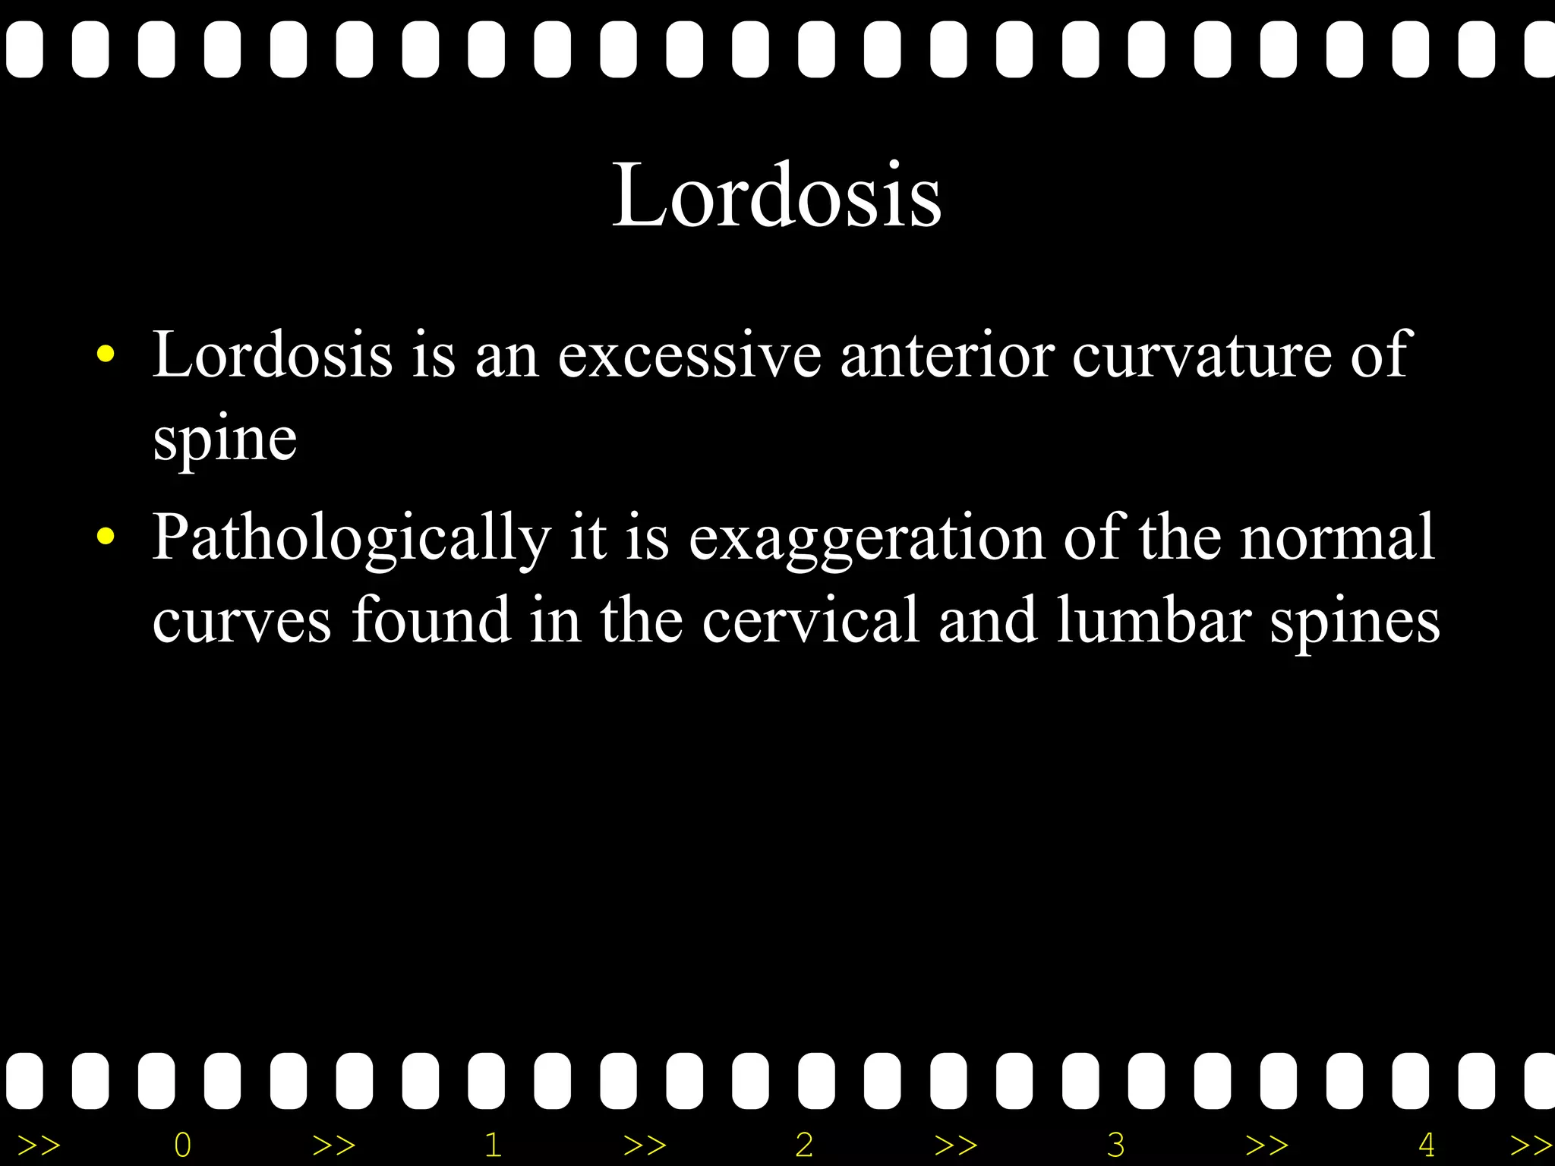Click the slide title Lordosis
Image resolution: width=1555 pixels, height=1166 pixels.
pyautogui.click(x=777, y=195)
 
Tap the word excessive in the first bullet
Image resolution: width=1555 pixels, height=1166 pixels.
pyautogui.click(x=689, y=355)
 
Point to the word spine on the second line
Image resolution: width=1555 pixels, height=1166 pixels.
pyautogui.click(x=225, y=440)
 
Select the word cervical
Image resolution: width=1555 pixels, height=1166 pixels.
pyautogui.click(x=810, y=620)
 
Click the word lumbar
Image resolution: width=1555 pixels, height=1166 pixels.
pyautogui.click(x=1153, y=620)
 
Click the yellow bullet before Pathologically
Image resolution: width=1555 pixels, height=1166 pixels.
pyautogui.click(x=106, y=537)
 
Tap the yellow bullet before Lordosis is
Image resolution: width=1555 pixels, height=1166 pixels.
pyautogui.click(x=106, y=354)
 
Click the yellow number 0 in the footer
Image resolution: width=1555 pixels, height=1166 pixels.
pyautogui.click(x=182, y=1144)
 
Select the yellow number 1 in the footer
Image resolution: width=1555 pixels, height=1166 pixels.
pyautogui.click(x=493, y=1144)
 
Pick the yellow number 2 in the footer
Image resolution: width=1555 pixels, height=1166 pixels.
pyautogui.click(x=804, y=1144)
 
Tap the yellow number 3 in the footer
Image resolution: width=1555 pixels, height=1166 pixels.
pyautogui.click(x=1115, y=1144)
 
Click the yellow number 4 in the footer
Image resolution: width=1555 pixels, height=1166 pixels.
pyautogui.click(x=1426, y=1144)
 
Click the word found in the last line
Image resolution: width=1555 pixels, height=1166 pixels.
pyautogui.click(x=431, y=620)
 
